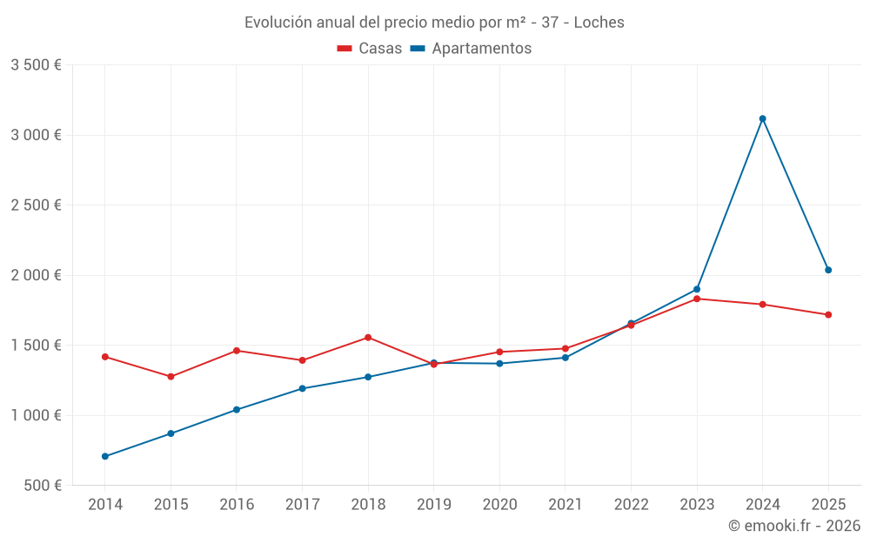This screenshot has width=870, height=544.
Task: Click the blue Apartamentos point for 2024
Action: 762,118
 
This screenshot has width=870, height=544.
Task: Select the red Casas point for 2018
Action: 368,338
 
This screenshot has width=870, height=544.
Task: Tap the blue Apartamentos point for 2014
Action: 105,456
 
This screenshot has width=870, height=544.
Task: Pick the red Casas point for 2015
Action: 171,377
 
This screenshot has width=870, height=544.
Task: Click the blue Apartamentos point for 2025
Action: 828,270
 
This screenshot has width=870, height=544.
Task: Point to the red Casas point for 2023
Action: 697,299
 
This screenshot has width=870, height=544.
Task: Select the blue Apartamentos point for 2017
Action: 302,388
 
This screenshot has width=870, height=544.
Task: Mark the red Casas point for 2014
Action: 105,357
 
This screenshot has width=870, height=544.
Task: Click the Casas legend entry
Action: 370,49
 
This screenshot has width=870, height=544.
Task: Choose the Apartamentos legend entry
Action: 471,49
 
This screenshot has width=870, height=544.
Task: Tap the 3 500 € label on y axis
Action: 36,65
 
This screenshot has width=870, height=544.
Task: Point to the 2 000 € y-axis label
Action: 36,275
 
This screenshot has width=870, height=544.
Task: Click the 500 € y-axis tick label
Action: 41,485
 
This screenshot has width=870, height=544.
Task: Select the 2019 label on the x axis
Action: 433,505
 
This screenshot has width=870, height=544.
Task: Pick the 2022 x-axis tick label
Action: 631,505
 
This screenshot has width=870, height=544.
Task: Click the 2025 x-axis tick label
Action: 828,505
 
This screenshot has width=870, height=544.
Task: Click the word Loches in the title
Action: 599,23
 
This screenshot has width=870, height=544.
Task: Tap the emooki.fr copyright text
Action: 794,526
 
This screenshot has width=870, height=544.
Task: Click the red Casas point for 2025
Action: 828,315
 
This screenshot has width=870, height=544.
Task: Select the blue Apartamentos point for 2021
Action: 565,358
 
